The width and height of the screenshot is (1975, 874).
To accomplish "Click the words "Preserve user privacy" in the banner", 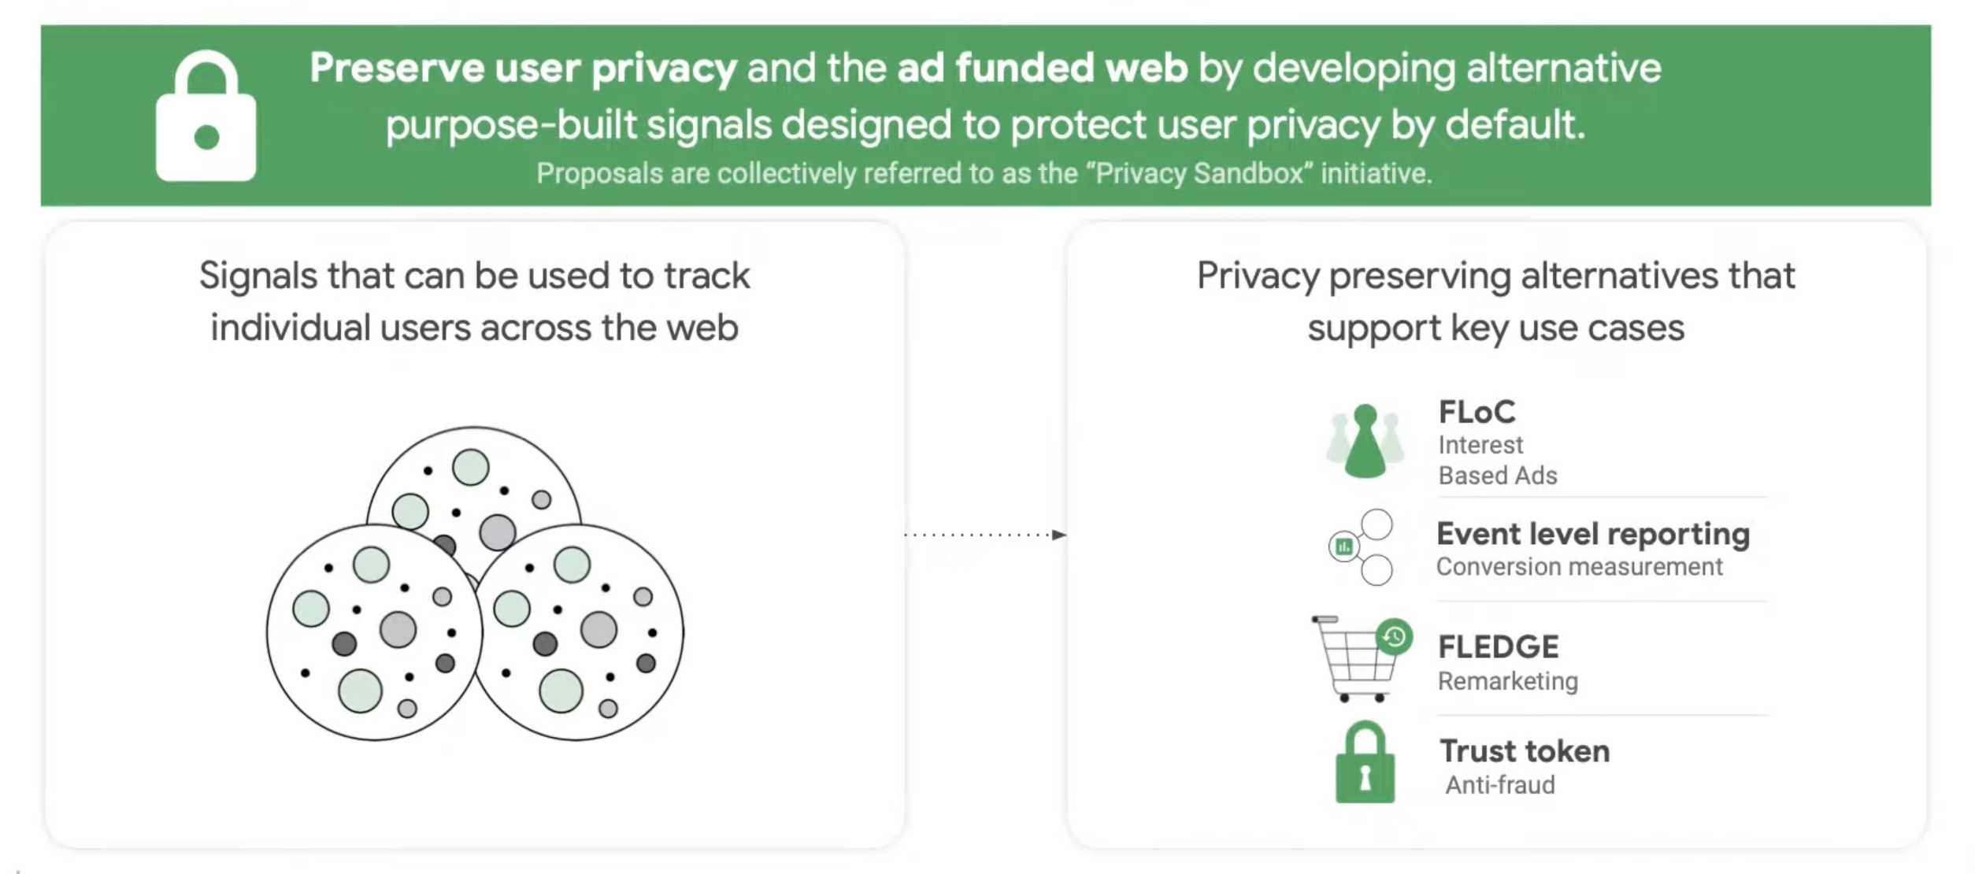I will (x=523, y=68).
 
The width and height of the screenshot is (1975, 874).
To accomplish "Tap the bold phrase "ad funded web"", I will (x=1042, y=68).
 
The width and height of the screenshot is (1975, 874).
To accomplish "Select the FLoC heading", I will (x=1477, y=412).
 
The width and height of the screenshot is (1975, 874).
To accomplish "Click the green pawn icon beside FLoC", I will (x=1365, y=442).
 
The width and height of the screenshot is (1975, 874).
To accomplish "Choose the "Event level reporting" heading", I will (x=1592, y=534).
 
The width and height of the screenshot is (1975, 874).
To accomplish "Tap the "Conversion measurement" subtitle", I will (x=1579, y=567).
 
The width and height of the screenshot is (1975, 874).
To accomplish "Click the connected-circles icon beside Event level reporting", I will (x=1361, y=547).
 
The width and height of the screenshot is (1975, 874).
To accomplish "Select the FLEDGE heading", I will (x=1498, y=647).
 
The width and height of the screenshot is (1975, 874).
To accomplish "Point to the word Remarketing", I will (x=1507, y=681).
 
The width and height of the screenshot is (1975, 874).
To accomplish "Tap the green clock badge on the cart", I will (x=1394, y=636).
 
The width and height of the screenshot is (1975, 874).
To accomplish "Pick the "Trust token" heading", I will (x=1525, y=751).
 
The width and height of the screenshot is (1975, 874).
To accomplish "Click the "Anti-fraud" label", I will (x=1500, y=785).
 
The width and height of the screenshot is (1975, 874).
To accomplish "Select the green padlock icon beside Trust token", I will (x=1365, y=764).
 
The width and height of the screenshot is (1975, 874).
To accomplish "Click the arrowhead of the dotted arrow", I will (x=1059, y=535).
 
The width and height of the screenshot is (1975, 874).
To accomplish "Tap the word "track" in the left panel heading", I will (x=706, y=276).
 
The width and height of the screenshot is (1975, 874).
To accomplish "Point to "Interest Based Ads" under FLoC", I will (x=1496, y=461).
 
